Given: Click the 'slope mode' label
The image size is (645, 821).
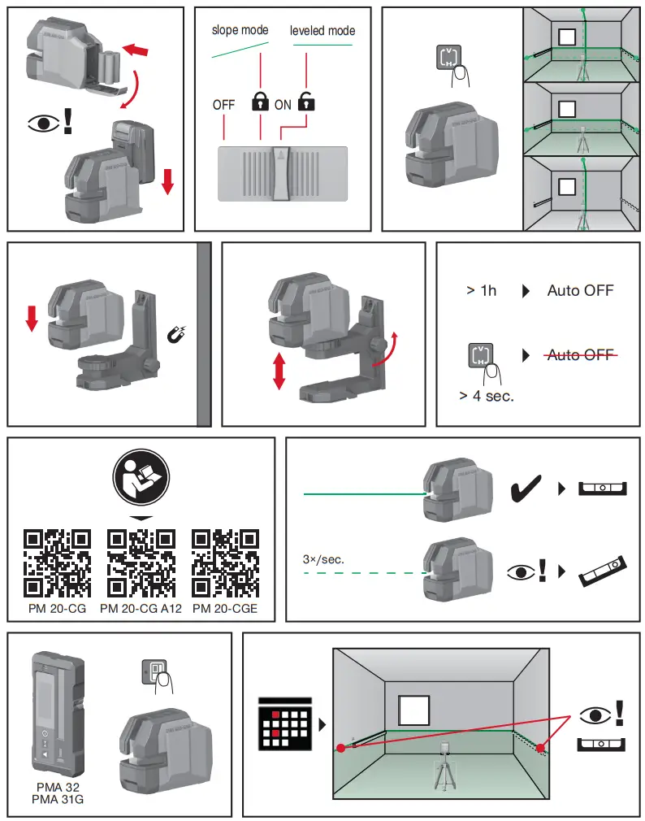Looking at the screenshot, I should pyautogui.click(x=240, y=30).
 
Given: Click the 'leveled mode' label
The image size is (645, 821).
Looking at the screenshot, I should pyautogui.click(x=322, y=31).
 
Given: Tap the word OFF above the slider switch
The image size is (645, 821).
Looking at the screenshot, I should pyautogui.click(x=223, y=105).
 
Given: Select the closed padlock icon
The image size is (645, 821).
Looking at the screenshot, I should pyautogui.click(x=259, y=102).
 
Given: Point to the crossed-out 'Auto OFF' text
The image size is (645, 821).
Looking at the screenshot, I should pyautogui.click(x=580, y=355).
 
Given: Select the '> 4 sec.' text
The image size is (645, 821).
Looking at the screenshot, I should pyautogui.click(x=486, y=397).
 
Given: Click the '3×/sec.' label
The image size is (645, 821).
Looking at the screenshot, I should pyautogui.click(x=323, y=560).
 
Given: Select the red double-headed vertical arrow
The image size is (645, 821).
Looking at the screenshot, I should pyautogui.click(x=279, y=370).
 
